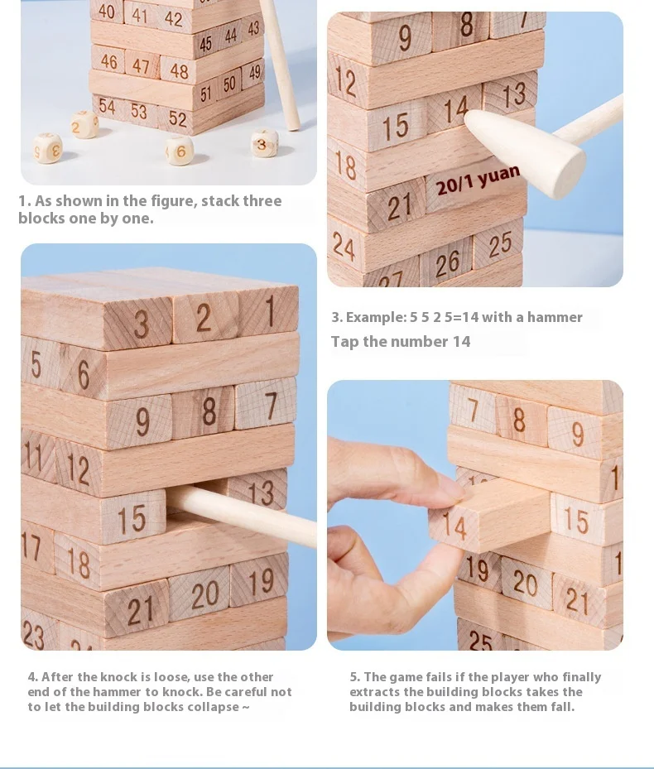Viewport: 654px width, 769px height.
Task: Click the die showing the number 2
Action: click(84, 124)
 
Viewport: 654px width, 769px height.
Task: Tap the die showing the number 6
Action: click(179, 150)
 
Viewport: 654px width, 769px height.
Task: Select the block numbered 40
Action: click(107, 11)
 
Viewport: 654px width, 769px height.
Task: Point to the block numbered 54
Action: click(107, 107)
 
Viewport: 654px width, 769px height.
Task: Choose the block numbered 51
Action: click(205, 94)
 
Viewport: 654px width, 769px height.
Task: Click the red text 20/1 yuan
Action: click(477, 180)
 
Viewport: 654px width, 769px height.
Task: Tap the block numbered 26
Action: click(446, 263)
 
